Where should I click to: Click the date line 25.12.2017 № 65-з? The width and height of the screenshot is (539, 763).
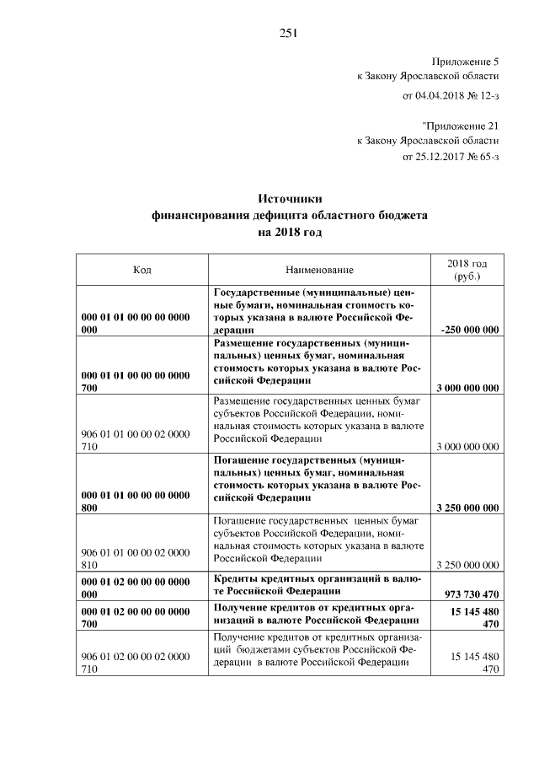click(x=451, y=158)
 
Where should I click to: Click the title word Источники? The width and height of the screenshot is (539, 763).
click(x=290, y=199)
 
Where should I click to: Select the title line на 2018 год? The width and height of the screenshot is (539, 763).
click(x=290, y=232)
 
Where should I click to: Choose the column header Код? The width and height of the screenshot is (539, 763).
click(x=142, y=270)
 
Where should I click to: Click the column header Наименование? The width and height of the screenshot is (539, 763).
click(x=319, y=270)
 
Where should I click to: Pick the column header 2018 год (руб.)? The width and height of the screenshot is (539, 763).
click(x=466, y=270)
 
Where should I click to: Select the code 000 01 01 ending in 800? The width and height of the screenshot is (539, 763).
click(x=135, y=501)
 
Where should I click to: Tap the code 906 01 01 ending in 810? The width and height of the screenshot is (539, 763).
click(x=135, y=558)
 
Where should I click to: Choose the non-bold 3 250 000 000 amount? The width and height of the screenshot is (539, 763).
click(x=466, y=564)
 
